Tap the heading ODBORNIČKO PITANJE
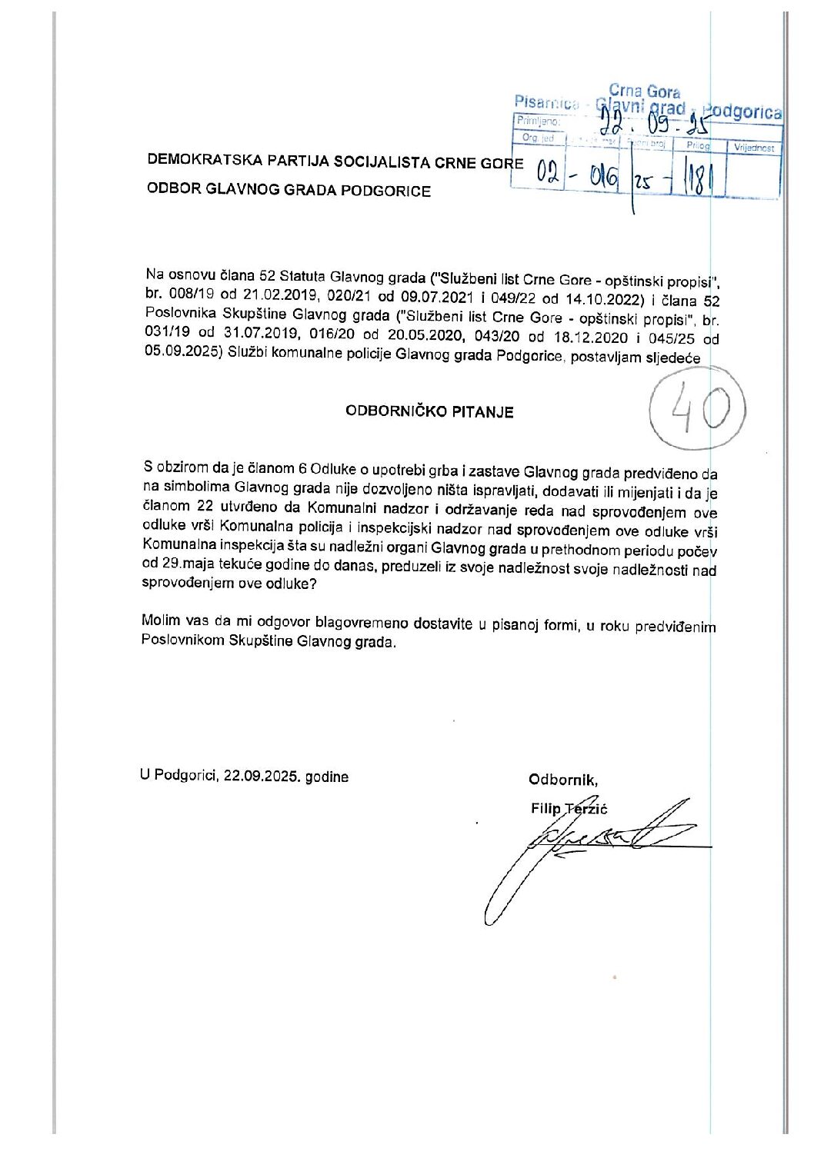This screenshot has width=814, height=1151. point(429,411)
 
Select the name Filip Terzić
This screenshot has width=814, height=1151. point(569,808)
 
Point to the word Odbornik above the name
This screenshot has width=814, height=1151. point(562,780)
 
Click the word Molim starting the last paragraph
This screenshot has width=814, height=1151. point(161,620)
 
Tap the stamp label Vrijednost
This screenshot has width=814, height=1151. point(754,148)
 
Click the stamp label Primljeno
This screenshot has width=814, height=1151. point(538,121)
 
